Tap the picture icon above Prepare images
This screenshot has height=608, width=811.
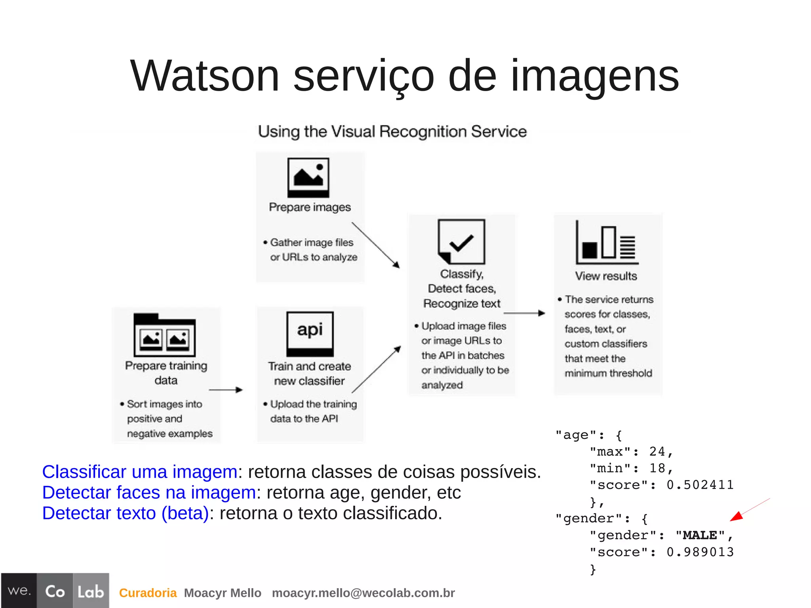(x=308, y=177)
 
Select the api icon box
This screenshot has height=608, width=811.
(x=310, y=334)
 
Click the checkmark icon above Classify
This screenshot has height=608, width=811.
(x=461, y=241)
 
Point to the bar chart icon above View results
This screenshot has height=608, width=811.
(x=606, y=242)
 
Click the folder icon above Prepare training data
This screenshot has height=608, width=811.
(x=165, y=335)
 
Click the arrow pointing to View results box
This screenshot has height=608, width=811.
(x=524, y=313)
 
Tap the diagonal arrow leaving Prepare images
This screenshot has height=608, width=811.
(x=375, y=245)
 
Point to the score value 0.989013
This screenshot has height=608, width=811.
(x=700, y=552)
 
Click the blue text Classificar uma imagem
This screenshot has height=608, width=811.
(x=139, y=472)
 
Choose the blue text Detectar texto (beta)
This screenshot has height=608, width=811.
(x=125, y=513)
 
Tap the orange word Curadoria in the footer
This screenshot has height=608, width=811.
(x=148, y=593)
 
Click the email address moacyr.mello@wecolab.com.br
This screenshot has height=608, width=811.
(x=363, y=593)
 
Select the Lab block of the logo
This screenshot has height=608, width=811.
(x=91, y=591)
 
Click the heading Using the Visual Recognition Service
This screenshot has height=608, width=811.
(x=392, y=132)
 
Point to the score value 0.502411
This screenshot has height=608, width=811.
(x=700, y=485)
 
